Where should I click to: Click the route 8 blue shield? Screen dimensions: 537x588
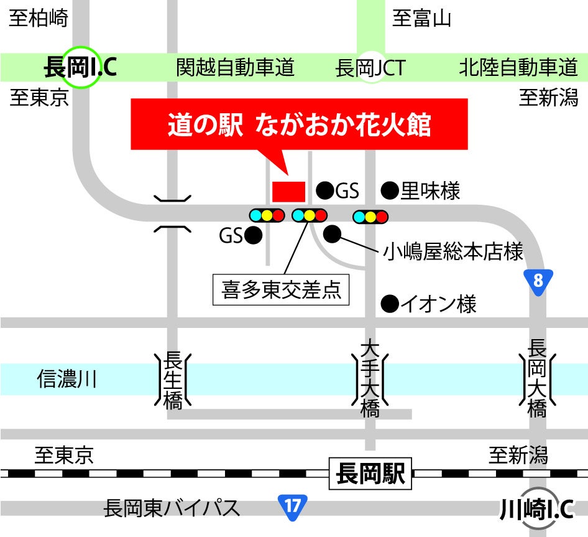pos(538,281)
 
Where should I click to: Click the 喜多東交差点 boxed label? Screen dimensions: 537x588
pos(281,291)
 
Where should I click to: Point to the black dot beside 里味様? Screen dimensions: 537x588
pos(389,190)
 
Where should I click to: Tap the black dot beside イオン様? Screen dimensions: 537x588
pos(389,304)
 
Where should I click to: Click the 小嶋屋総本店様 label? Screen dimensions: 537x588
pos(453,252)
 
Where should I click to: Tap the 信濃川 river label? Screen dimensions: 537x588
pos(67,378)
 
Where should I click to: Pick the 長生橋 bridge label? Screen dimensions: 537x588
pos(173,380)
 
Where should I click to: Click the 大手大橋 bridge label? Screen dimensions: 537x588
pos(370,380)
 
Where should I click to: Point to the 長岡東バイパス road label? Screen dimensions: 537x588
pos(173,508)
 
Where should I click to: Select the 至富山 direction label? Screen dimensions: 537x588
pos(421,19)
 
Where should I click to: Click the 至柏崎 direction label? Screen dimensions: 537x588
pos(39,19)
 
